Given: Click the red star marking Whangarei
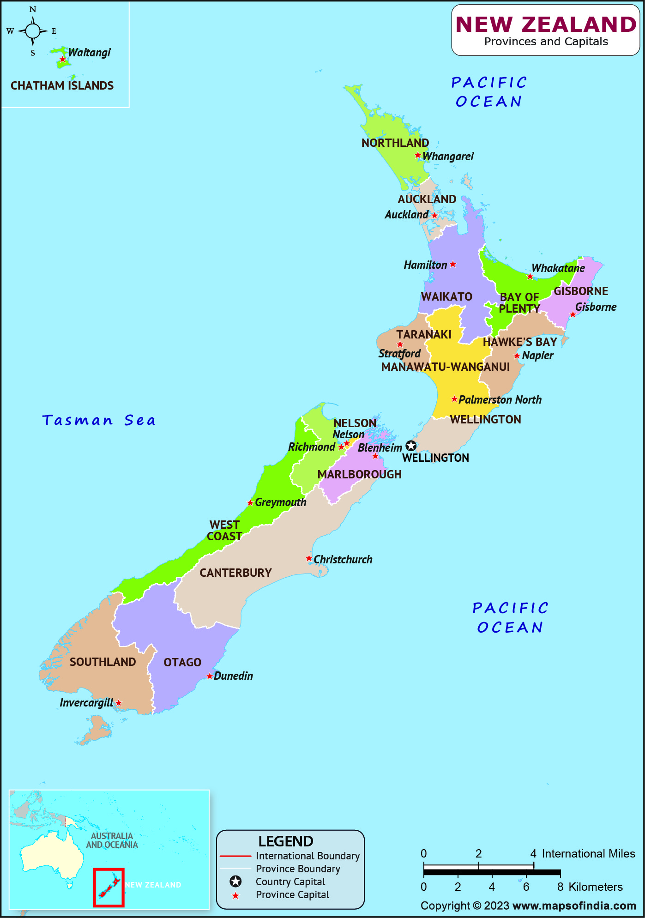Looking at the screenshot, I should click(x=417, y=155).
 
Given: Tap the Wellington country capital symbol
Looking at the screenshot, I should click(x=411, y=446).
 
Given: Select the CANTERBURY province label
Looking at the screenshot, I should click(x=235, y=573).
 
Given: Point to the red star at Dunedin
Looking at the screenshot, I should click(x=210, y=676).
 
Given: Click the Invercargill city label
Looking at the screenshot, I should click(x=86, y=703).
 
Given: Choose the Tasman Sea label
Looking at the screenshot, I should click(x=99, y=420).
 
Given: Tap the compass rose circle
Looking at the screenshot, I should click(x=33, y=31).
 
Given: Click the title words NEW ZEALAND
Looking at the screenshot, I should click(x=546, y=24).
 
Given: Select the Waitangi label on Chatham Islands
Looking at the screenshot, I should click(x=90, y=52).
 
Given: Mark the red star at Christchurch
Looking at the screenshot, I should click(x=309, y=559).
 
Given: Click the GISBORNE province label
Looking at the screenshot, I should click(x=581, y=291).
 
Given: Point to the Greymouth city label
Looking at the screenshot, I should click(x=280, y=502).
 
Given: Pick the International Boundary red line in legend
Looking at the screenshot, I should click(x=235, y=856).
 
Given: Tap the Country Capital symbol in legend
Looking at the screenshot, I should click(x=235, y=882).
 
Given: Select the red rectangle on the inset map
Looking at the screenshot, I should click(x=109, y=888).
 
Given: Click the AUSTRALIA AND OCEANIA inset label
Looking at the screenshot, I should click(x=112, y=840).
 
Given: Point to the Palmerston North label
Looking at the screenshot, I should click(x=500, y=399).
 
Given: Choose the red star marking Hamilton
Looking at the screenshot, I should click(x=453, y=264).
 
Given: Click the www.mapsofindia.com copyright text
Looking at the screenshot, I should click(x=574, y=906).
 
